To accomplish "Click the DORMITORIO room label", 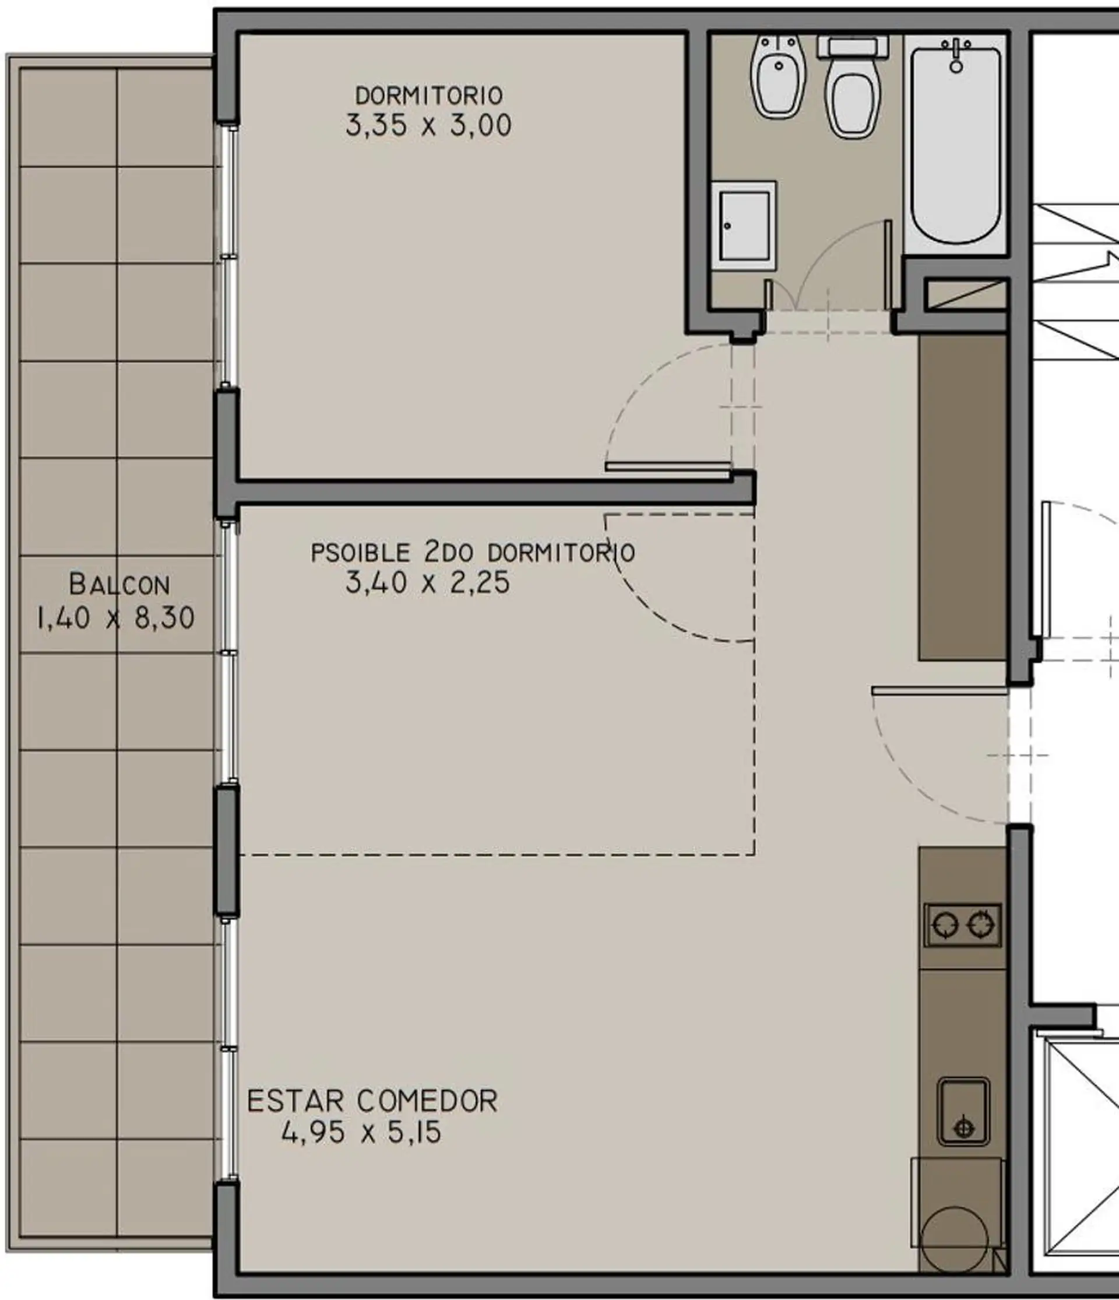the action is click(x=429, y=96).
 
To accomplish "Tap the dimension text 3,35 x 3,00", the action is click(x=428, y=125).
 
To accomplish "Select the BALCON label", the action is click(x=119, y=585).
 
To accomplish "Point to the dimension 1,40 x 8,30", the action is click(x=116, y=619).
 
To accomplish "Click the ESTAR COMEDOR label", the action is click(x=372, y=1101).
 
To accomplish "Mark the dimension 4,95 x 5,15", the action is click(x=361, y=1133).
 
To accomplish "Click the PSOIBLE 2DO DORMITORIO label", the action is click(x=473, y=553).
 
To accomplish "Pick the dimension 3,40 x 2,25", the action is click(x=428, y=583).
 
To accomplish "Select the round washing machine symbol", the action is click(x=954, y=1240).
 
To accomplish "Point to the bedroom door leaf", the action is click(x=668, y=467).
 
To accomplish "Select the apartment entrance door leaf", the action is click(x=939, y=691).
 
